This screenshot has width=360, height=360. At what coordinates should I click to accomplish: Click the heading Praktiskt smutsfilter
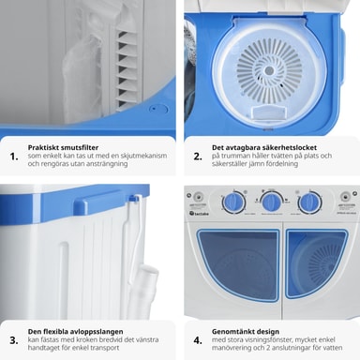tap(63, 147)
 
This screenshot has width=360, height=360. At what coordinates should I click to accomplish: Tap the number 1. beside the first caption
tap(14, 157)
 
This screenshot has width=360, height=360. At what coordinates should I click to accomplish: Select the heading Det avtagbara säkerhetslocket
tap(264, 147)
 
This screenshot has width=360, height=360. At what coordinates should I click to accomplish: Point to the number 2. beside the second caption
tap(198, 157)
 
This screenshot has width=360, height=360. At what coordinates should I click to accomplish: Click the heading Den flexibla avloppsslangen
tap(75, 331)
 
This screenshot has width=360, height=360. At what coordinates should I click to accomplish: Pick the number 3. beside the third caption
tap(14, 340)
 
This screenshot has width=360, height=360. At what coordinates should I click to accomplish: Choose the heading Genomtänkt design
tap(246, 331)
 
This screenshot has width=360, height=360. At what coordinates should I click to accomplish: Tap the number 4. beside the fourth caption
tap(198, 340)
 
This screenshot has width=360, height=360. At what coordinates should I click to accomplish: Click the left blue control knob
tap(233, 202)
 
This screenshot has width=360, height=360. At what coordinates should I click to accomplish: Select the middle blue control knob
tap(271, 202)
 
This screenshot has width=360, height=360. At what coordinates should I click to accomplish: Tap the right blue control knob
tap(309, 202)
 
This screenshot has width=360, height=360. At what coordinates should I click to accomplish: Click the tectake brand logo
tap(199, 214)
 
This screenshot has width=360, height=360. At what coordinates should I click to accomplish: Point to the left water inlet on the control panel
tap(198, 197)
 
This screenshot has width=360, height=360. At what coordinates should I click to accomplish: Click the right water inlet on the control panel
tap(345, 197)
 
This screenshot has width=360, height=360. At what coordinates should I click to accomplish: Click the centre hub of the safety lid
tap(269, 71)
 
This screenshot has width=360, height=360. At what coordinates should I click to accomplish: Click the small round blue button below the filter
tap(154, 109)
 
